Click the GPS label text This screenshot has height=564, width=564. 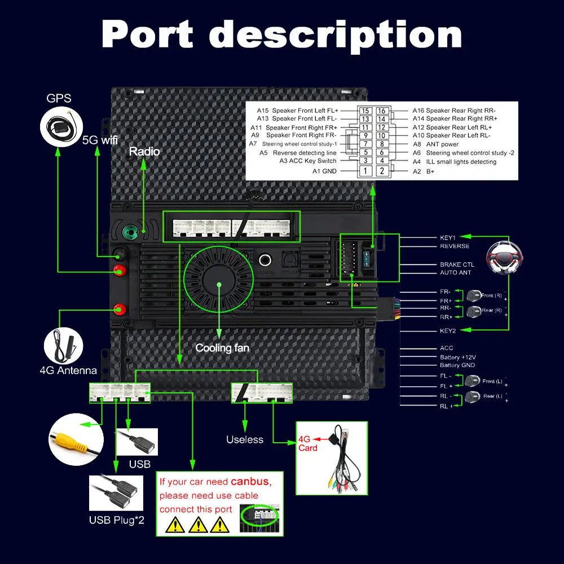(59, 98)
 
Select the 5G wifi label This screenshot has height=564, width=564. (100, 140)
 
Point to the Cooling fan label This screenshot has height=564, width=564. (222, 348)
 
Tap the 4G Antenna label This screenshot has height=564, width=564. (68, 371)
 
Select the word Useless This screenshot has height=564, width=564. (245, 439)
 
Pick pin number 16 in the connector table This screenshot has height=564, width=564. (382, 111)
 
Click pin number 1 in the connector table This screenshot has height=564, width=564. (365, 171)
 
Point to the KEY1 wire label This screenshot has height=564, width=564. (448, 237)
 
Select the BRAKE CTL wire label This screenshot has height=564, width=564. (457, 265)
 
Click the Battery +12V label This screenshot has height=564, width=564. (458, 357)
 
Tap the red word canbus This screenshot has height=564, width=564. (250, 482)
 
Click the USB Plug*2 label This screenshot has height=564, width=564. (117, 519)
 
